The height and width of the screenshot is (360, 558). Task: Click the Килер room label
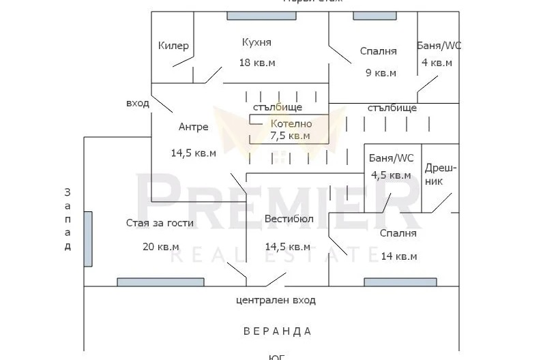(173, 46)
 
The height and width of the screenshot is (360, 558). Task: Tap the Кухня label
(256, 42)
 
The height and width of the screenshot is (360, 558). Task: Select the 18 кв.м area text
(256, 63)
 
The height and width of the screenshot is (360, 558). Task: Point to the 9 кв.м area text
(380, 73)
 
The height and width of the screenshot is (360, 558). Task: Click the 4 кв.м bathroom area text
(437, 63)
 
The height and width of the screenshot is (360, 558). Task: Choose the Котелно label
(291, 124)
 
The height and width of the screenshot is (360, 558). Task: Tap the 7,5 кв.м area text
(290, 136)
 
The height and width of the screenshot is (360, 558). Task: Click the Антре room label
(194, 127)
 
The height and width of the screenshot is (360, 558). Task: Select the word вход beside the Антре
(137, 104)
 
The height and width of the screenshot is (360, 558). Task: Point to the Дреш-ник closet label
(441, 175)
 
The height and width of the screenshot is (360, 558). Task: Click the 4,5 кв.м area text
(391, 175)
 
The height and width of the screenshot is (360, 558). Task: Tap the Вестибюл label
(289, 220)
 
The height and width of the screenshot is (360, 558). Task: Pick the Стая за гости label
(160, 223)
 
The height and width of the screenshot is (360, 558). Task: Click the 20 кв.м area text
(161, 246)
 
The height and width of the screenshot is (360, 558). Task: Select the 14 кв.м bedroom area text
(399, 256)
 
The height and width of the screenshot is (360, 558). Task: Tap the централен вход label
(276, 300)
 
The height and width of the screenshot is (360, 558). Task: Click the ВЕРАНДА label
(278, 331)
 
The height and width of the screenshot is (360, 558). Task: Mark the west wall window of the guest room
(88, 239)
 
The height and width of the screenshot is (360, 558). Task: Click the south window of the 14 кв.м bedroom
(400, 282)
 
